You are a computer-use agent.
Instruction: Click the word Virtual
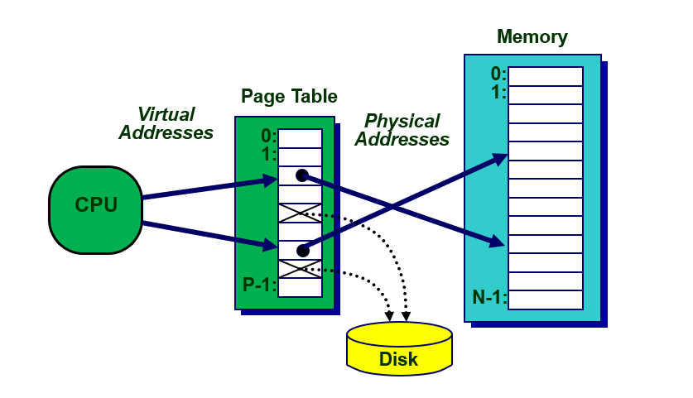tap(166, 114)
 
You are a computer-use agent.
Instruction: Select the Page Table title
tap(289, 97)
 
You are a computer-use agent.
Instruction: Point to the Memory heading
tap(532, 37)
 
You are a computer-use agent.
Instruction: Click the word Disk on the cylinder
tap(399, 359)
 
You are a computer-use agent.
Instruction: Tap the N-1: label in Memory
tap(489, 298)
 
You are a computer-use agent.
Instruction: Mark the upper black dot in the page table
tap(302, 175)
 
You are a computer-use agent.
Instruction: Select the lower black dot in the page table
tap(302, 250)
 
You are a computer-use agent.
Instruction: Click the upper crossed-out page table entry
tap(300, 213)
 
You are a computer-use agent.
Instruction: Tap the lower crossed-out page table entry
tap(300, 268)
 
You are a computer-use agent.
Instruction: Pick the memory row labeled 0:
tap(545, 76)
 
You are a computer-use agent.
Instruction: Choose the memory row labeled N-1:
tap(545, 300)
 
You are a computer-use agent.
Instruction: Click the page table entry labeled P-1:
tap(300, 287)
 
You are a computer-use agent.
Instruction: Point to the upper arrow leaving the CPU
tap(207, 189)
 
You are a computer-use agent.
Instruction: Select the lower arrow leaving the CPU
tap(207, 234)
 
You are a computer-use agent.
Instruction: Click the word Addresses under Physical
tap(402, 140)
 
